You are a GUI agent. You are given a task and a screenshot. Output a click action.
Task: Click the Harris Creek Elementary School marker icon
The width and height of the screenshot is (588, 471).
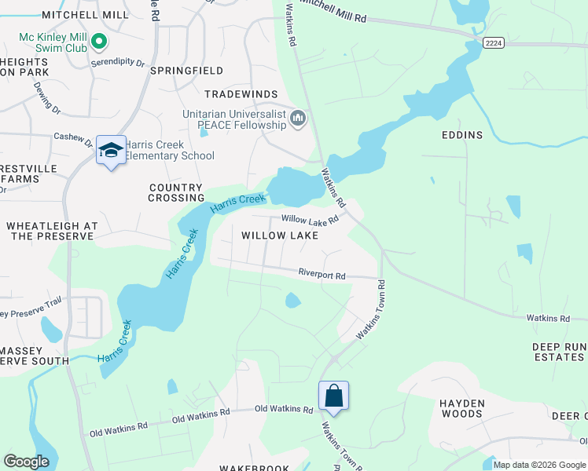click(111, 150)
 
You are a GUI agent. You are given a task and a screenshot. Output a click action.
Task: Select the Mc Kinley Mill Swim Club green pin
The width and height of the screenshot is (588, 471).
click(99, 40)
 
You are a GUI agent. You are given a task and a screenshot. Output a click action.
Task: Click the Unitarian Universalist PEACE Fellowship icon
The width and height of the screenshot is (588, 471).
click(298, 119)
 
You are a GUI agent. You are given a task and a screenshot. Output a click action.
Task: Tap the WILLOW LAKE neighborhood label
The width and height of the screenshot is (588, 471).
click(280, 235)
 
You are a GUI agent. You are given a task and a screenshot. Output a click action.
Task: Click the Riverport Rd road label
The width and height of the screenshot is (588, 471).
click(322, 276)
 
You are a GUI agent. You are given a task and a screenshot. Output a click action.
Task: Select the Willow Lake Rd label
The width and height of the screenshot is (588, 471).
click(310, 220)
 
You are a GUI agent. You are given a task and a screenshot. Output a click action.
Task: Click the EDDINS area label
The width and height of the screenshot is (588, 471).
click(462, 135)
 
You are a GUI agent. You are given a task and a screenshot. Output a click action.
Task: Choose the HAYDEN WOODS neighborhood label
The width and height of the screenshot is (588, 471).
click(461, 408)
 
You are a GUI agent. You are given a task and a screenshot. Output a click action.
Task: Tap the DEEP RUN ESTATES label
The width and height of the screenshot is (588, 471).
click(558, 352)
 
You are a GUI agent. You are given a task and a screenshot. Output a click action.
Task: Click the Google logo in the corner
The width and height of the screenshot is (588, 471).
click(26, 462)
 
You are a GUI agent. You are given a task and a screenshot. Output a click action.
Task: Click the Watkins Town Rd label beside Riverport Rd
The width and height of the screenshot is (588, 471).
click(372, 310)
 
